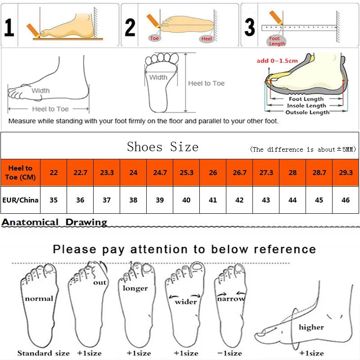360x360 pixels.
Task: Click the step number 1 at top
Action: [9, 27]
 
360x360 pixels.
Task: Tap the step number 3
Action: [249, 27]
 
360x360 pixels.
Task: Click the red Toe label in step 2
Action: [154, 38]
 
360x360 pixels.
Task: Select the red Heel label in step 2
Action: [207, 39]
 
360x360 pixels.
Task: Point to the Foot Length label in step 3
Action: [277, 41]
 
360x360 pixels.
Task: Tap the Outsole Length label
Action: [307, 112]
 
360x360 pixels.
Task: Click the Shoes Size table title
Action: [162, 147]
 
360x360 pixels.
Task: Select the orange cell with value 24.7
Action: [160, 173]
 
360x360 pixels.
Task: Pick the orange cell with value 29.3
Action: [346, 173]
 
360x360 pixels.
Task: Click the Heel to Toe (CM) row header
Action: [20, 173]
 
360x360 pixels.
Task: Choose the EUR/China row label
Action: [20, 200]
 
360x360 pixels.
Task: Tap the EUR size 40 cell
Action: [186, 200]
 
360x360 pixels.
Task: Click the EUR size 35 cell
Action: [54, 200]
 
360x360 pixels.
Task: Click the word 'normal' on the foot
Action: [39, 298]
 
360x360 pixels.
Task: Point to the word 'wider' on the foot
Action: [185, 301]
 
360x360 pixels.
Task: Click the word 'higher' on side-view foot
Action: [311, 327]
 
